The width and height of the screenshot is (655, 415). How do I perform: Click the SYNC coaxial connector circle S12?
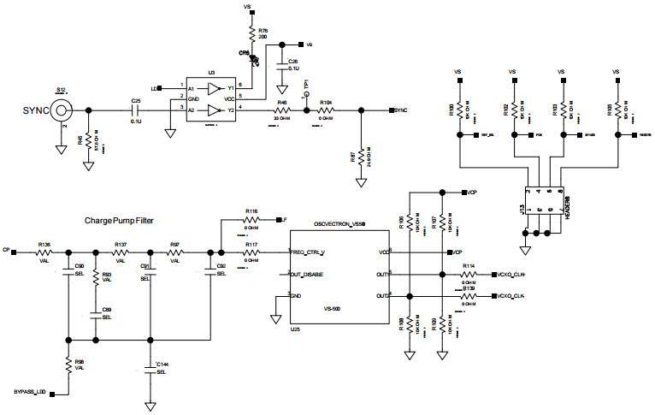(61, 110)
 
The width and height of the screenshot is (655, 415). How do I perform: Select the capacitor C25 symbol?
(134, 110)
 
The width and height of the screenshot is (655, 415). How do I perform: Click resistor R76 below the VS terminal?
(251, 34)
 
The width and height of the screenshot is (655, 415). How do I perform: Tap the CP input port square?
(16, 252)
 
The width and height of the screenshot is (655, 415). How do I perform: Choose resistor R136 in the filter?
(44, 252)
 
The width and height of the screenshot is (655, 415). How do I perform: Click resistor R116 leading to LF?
(251, 220)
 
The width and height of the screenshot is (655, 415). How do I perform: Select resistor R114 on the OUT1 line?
(469, 275)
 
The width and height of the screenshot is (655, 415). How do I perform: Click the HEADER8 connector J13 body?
(542, 201)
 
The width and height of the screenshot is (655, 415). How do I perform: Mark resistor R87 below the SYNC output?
(361, 157)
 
